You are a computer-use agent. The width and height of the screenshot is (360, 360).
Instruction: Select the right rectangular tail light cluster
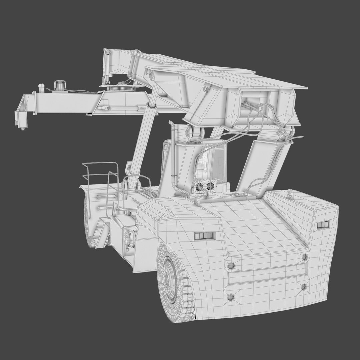[323, 225]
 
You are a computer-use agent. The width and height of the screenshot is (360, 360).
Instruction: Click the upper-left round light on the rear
[231, 266]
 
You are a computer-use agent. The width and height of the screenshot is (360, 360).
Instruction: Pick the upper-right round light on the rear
[305, 257]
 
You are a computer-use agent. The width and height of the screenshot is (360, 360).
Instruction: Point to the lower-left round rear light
[230, 297]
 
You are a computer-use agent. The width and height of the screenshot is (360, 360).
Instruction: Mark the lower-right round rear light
[303, 287]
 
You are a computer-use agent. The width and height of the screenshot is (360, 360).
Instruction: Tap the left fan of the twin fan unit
[200, 187]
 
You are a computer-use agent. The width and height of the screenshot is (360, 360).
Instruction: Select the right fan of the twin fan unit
[210, 186]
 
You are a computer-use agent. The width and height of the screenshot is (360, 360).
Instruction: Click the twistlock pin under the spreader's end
[23, 128]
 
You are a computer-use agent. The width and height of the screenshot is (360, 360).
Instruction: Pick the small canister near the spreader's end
[41, 87]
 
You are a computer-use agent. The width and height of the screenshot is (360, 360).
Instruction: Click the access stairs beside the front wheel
[101, 235]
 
